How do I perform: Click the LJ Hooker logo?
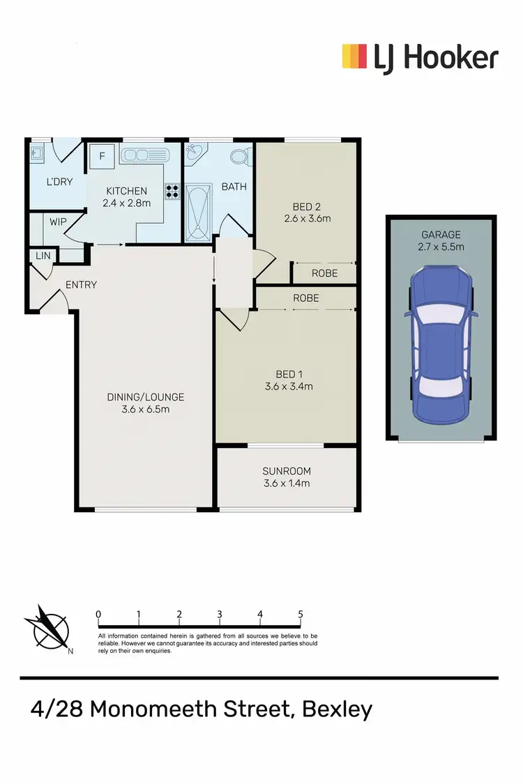click(420, 57)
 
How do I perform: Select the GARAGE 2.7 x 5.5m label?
click(441, 240)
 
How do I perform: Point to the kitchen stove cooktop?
click(172, 191)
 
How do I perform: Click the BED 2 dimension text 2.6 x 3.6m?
click(307, 218)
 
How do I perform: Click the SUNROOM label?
click(287, 471)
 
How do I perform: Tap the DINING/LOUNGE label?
click(145, 397)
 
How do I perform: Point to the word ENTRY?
click(81, 284)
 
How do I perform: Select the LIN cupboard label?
click(43, 256)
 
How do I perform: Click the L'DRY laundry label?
click(58, 183)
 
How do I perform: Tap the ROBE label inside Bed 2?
click(325, 273)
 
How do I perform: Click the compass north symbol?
click(47, 627)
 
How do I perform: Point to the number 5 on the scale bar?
click(300, 614)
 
